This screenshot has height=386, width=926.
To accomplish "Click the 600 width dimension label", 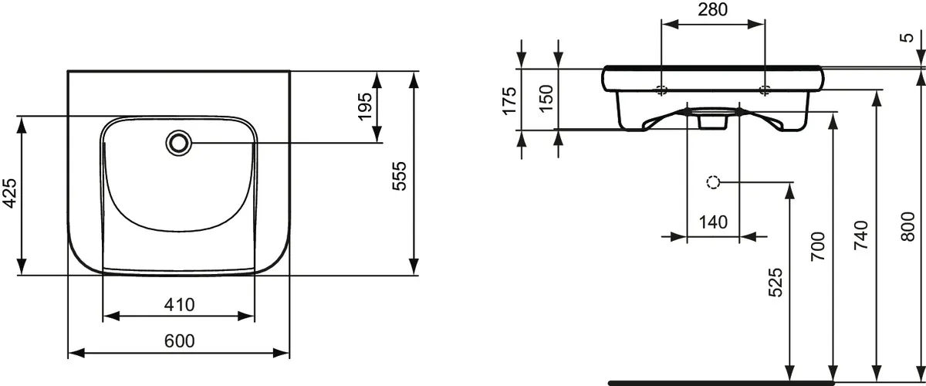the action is click(x=179, y=341).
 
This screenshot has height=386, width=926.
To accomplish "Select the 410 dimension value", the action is click(x=179, y=304).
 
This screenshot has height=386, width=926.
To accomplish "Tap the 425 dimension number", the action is click(x=9, y=193).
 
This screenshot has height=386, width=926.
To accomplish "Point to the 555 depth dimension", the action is click(x=400, y=176).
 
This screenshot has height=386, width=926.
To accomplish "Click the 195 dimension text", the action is click(x=365, y=107).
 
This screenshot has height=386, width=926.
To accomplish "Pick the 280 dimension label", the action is click(x=713, y=9).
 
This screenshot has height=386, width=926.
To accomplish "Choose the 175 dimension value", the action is click(x=509, y=100).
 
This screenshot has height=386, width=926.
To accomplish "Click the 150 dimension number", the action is click(x=546, y=98).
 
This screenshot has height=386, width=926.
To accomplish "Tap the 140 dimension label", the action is click(x=713, y=222).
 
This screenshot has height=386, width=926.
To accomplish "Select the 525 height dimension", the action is click(x=776, y=283).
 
